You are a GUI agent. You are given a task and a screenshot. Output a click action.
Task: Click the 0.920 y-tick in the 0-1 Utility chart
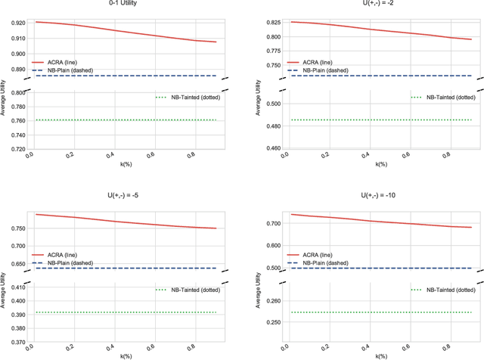[x=15, y=22]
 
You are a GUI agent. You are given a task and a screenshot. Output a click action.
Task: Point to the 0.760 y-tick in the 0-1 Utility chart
[x=15, y=120]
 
